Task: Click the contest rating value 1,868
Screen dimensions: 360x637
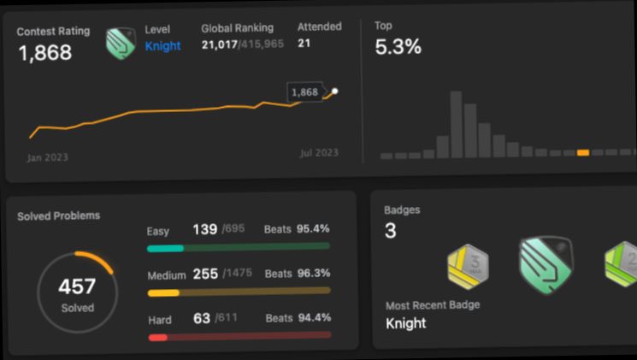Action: [x=44, y=53]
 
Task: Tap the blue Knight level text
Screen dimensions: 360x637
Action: [x=162, y=46]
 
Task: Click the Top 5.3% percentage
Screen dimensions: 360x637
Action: [x=398, y=47]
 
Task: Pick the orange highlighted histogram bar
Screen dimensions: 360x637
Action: [x=583, y=152]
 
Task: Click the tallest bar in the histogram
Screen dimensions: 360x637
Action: [x=457, y=123]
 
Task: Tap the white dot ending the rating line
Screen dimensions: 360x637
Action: [x=334, y=91]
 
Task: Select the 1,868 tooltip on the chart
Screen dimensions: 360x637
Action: [x=304, y=92]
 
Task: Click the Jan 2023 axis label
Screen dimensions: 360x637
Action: [x=47, y=157]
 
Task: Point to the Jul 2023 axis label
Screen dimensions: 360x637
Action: [x=318, y=153]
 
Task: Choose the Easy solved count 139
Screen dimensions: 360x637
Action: [x=204, y=229]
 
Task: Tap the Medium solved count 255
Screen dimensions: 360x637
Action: [x=205, y=274]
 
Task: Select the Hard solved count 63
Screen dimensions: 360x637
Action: [x=202, y=319]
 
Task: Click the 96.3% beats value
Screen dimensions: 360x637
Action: [x=313, y=274]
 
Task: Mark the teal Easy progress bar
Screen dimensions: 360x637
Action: [x=165, y=248]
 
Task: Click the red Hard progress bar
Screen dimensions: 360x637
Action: [x=157, y=338]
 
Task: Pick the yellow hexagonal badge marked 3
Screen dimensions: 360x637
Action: [x=468, y=268]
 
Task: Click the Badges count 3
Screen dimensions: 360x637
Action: [x=390, y=231]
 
